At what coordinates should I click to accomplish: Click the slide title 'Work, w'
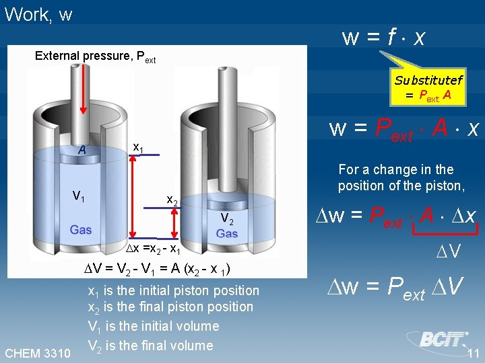[38, 15]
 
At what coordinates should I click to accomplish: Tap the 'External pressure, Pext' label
[95, 56]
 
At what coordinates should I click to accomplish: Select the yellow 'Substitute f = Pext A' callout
[428, 88]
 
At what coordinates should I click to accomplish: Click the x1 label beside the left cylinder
[137, 147]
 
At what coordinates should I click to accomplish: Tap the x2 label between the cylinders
[172, 200]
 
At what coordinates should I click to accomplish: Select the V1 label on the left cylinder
[79, 196]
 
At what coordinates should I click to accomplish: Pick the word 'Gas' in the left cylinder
[80, 230]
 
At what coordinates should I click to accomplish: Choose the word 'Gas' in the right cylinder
[227, 234]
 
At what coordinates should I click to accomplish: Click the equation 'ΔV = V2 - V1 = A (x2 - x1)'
[158, 270]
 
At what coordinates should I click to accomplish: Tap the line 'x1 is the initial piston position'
[173, 290]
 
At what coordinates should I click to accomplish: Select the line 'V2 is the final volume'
[150, 346]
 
